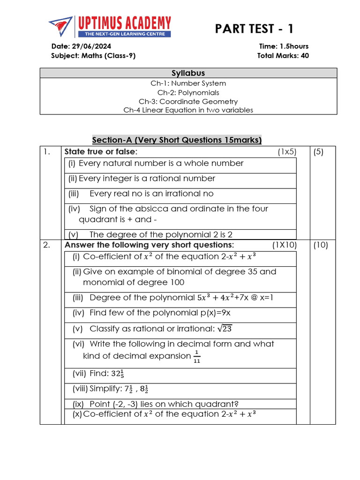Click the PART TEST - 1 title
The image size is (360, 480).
pyautogui.click(x=255, y=29)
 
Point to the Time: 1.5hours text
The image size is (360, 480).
pyautogui.click(x=284, y=46)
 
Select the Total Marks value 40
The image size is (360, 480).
pyautogui.click(x=305, y=56)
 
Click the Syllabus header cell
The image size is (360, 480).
pyautogui.click(x=188, y=73)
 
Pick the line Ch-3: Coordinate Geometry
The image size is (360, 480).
pyautogui.click(x=188, y=101)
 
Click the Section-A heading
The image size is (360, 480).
pyautogui.click(x=177, y=140)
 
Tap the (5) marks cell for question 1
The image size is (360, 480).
pyautogui.click(x=319, y=152)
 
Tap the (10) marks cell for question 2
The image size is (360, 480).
pyautogui.click(x=321, y=245)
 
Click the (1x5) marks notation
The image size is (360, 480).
pyautogui.click(x=287, y=152)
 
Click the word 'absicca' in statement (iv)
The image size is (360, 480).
pyautogui.click(x=152, y=209)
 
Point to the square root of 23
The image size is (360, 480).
pyautogui.click(x=225, y=329)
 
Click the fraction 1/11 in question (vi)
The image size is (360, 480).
pyautogui.click(x=196, y=357)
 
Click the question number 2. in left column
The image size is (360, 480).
pyautogui.click(x=46, y=245)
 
